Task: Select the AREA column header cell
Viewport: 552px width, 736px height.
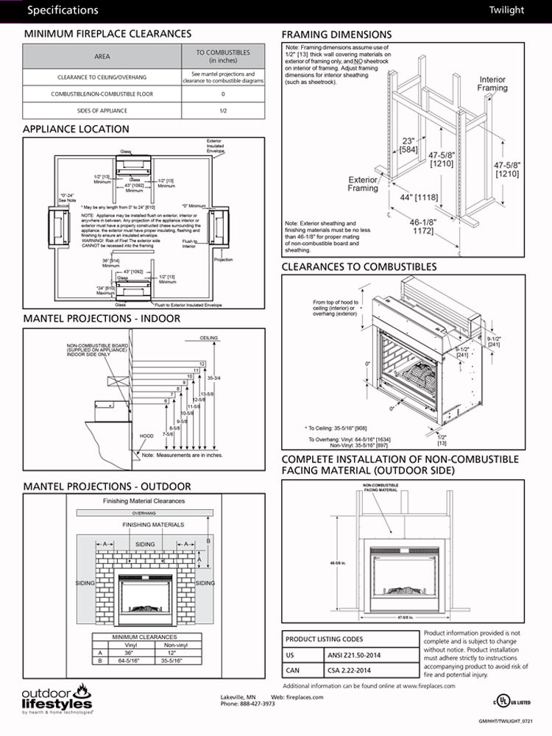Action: (x=102, y=56)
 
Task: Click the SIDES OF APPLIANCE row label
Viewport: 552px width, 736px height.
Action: (x=102, y=110)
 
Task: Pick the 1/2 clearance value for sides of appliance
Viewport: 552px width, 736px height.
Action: (x=223, y=110)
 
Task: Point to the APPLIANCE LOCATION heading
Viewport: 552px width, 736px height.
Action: (x=76, y=129)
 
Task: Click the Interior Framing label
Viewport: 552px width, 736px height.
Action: (x=492, y=83)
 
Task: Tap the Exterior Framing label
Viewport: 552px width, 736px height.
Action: (x=363, y=183)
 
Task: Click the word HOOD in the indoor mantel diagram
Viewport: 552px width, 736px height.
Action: (x=147, y=436)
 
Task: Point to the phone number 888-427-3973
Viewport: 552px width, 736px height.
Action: (x=247, y=704)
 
